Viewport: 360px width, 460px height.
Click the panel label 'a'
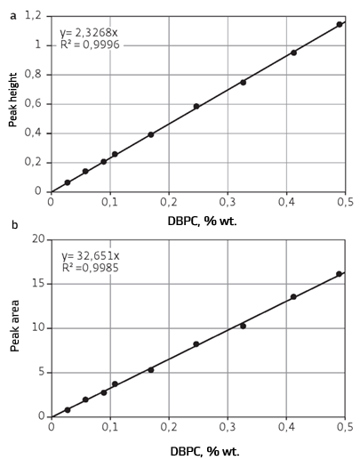(x=12, y=15)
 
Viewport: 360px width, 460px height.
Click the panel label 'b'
(x=13, y=224)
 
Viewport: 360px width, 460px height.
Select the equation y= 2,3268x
(x=89, y=33)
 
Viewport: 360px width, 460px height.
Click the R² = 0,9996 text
(x=90, y=46)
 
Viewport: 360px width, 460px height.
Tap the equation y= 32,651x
(x=91, y=255)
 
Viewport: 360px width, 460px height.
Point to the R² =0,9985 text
(x=90, y=267)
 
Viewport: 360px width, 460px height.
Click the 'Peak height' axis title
(x=13, y=101)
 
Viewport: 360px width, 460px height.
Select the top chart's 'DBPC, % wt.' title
(x=204, y=220)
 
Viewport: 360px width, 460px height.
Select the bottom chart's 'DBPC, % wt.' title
(x=204, y=451)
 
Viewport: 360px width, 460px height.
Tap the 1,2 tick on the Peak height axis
(x=33, y=15)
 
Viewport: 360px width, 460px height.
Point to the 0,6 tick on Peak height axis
(x=33, y=103)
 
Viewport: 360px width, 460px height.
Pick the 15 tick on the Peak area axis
(x=38, y=284)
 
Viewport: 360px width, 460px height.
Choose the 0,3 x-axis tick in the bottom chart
(x=228, y=429)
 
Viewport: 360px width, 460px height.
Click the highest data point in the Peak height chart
(x=340, y=25)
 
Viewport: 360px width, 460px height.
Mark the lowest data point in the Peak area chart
(x=68, y=410)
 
